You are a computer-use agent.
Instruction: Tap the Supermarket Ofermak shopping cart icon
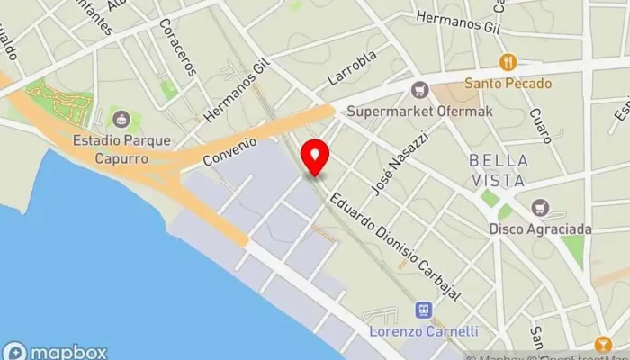[418, 89]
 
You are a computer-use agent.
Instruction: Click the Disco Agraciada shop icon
[540, 207]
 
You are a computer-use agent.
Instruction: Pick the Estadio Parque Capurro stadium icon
[120, 117]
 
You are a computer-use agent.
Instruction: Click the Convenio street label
[229, 152]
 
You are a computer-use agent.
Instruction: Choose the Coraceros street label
[176, 48]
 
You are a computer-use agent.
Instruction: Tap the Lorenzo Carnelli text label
[423, 331]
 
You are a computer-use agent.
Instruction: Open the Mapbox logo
[56, 352]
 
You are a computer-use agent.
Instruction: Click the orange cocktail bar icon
[601, 343]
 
